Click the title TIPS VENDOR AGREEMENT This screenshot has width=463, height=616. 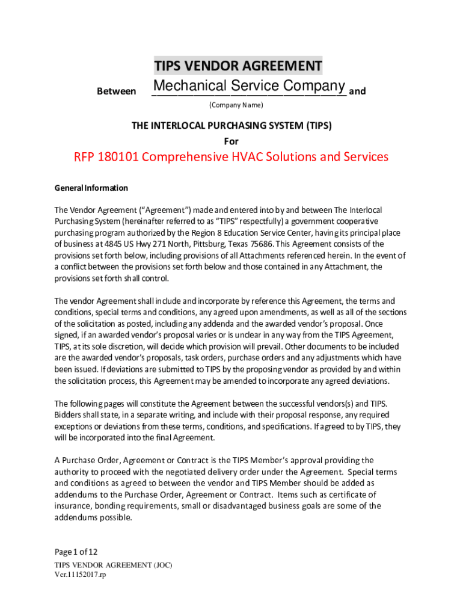point(238,65)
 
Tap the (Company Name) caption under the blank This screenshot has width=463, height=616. point(236,105)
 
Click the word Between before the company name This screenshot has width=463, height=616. point(116,91)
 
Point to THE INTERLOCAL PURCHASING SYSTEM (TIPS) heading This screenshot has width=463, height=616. point(231,126)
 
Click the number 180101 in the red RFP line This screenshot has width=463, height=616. point(118,157)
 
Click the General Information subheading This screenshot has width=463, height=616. point(91,188)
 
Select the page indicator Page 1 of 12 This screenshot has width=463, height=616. point(76,552)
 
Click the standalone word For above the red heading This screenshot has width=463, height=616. point(231,141)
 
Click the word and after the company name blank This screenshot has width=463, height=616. point(357,91)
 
